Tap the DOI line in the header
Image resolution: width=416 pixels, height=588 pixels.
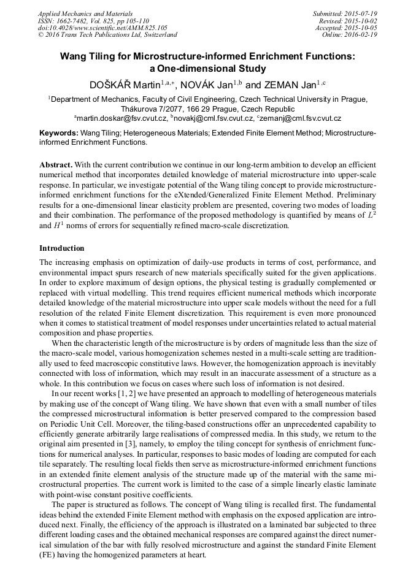(x=102, y=28)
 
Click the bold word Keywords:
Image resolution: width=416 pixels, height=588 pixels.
(x=59, y=132)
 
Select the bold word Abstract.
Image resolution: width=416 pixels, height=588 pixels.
(x=56, y=165)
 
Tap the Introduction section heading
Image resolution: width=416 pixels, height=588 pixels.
(x=62, y=248)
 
